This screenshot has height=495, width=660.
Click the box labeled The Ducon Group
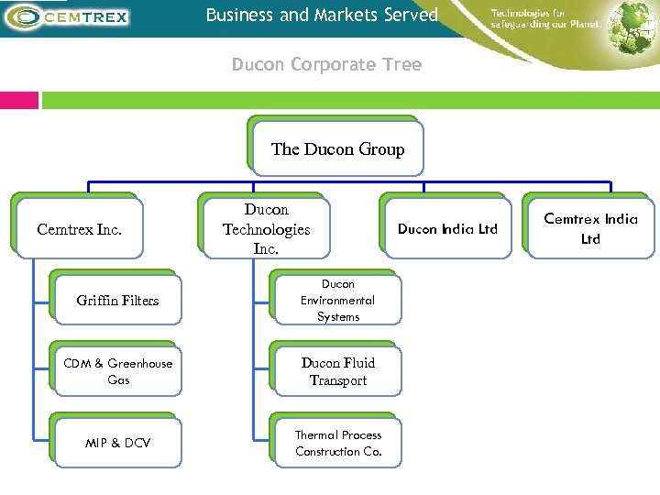(x=336, y=148)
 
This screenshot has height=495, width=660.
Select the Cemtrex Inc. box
(x=79, y=229)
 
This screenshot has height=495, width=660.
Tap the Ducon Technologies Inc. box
(x=266, y=229)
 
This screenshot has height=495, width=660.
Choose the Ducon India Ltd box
(x=446, y=229)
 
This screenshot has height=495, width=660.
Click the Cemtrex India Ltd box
(x=589, y=229)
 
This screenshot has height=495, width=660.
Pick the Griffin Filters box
(x=117, y=301)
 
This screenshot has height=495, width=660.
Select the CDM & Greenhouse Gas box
(x=117, y=371)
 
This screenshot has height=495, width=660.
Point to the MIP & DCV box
(x=117, y=443)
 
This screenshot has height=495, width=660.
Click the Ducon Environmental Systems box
(x=337, y=301)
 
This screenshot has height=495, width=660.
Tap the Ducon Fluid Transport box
(x=337, y=371)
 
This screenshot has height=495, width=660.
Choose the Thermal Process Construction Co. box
(x=337, y=443)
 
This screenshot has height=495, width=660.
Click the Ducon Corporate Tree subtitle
(x=326, y=65)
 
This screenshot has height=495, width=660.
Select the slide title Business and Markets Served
(x=322, y=16)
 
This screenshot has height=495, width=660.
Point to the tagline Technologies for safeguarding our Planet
(x=545, y=18)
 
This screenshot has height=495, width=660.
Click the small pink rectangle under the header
(x=19, y=100)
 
